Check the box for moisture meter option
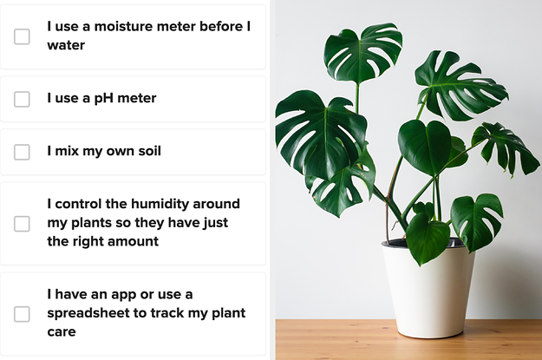22,36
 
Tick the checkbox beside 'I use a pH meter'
22,99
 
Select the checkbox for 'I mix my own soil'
22,152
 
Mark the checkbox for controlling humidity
22,224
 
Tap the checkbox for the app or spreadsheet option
22,314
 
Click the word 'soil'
150,151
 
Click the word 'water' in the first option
66,45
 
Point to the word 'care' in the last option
62,332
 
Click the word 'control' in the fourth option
78,204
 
